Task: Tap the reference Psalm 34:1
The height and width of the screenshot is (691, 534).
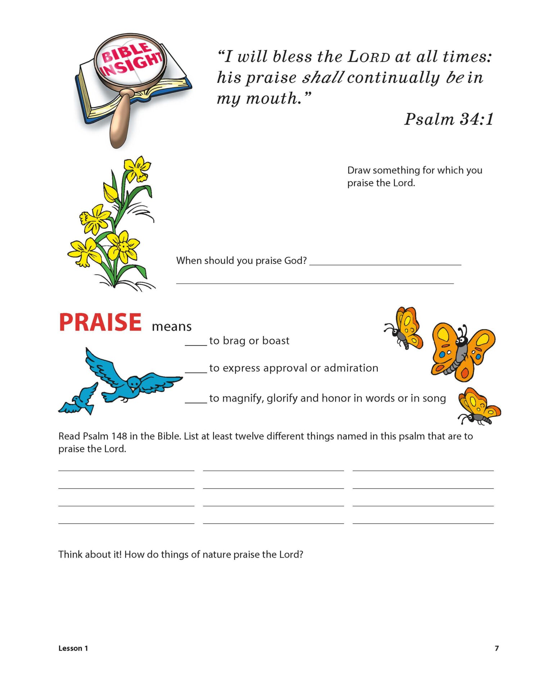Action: [x=448, y=119]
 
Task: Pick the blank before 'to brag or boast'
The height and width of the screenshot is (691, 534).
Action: [x=195, y=342]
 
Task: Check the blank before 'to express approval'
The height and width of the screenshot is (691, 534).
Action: [x=195, y=369]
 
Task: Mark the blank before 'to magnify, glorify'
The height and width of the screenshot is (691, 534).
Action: [x=195, y=399]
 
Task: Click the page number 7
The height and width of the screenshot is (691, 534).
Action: [x=497, y=648]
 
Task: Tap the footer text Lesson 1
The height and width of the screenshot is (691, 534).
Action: [x=73, y=648]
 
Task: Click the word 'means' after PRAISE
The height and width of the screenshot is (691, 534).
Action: [x=172, y=326]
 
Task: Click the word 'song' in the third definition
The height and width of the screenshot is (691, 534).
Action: [x=434, y=398]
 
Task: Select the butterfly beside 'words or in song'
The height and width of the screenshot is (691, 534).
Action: [x=479, y=407]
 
